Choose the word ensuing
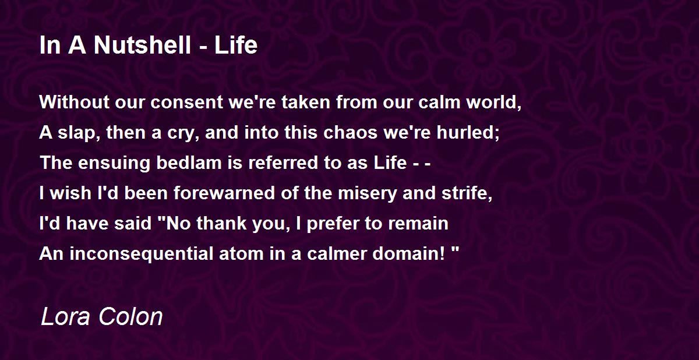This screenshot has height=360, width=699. coord(111,163)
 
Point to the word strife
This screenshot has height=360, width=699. coord(468,193)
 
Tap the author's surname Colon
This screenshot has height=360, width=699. coord(130,317)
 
